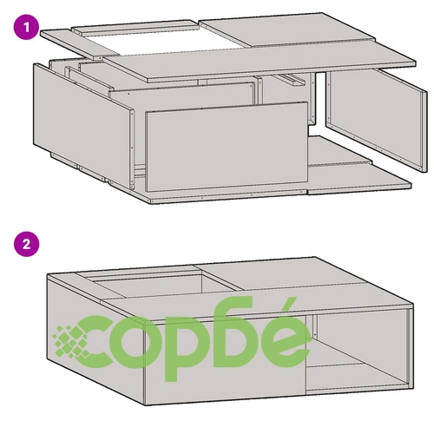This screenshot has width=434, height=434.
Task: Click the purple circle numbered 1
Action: (26, 28)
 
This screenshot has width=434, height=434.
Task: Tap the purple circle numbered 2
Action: (26, 244)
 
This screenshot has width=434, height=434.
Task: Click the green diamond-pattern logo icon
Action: (71, 342)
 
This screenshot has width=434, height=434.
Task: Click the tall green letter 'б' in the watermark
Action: (237, 332)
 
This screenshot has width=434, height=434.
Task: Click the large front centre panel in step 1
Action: (227, 147)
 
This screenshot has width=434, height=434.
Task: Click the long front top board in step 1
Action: (260, 60)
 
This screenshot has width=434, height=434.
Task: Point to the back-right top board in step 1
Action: (286, 30)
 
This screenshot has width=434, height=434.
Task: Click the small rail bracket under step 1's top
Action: (292, 79)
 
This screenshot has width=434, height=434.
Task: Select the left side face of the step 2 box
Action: (95, 339)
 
